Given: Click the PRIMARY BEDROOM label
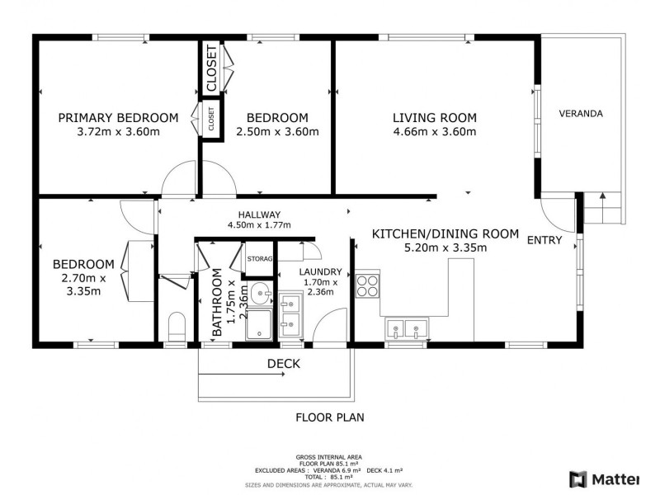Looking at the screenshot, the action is coord(118,118).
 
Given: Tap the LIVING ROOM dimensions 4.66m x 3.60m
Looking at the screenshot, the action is coord(435,132).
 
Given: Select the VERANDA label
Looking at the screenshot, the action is coord(581,114).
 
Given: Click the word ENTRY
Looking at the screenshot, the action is coord(544,240).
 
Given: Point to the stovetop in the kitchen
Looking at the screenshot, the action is coord(367,285).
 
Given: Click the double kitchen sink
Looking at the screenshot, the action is coord(406,328).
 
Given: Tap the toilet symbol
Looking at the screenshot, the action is coord(177,326).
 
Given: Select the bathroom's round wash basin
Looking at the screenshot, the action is coord(261,294).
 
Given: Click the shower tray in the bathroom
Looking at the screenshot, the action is coord(259,323).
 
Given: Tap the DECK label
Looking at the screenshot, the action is coord(284,364).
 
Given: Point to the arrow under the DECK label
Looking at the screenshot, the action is coord(242,374).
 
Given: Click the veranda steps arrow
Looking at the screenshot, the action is coord(603,208).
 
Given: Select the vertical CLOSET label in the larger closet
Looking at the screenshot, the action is coord(212,68).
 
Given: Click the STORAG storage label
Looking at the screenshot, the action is coord(260,259).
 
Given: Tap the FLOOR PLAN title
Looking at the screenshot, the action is coord(330,417).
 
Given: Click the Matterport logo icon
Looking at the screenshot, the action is coord(578,479).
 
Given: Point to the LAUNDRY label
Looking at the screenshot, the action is coord(320,272).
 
